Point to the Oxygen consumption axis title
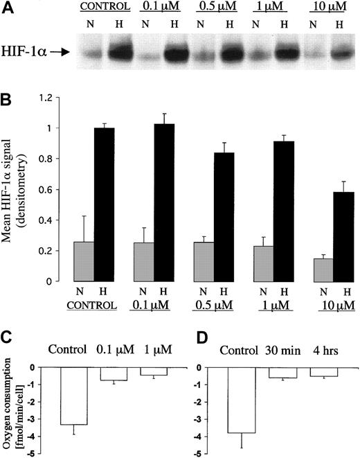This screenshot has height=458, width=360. [17, 408]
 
